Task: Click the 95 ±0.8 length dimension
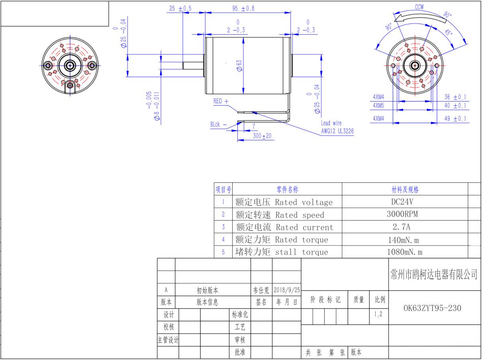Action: [243, 8]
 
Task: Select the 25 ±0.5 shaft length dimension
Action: [180, 8]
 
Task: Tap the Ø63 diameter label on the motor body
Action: [239, 65]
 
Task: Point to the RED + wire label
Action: [221, 101]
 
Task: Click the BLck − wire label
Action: [218, 125]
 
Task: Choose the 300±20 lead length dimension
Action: [262, 136]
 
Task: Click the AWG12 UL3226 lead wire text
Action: [337, 131]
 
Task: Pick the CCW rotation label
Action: [419, 7]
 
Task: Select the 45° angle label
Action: [449, 32]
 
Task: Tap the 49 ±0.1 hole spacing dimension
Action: [455, 119]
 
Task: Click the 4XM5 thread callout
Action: [378, 106]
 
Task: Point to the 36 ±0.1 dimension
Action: [455, 97]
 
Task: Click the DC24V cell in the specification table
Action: [402, 202]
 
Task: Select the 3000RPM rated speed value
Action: [402, 214]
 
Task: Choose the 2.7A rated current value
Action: [402, 227]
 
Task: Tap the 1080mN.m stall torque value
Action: [404, 252]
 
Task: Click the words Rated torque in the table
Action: [302, 239]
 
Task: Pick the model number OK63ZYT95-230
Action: [432, 308]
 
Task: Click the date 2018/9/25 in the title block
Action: [287, 290]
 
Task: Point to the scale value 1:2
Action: [378, 314]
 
